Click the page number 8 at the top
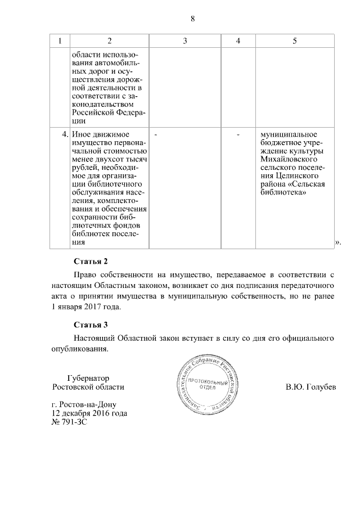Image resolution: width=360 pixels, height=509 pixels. tap(192, 19)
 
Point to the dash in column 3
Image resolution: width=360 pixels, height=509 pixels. tap(155, 135)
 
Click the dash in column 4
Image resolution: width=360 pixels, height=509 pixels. tap(238, 135)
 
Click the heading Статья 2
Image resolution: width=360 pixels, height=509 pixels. tap(90, 262)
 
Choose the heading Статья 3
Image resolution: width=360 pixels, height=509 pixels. tap(90, 325)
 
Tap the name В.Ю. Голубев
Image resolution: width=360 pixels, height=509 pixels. tap(310, 388)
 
